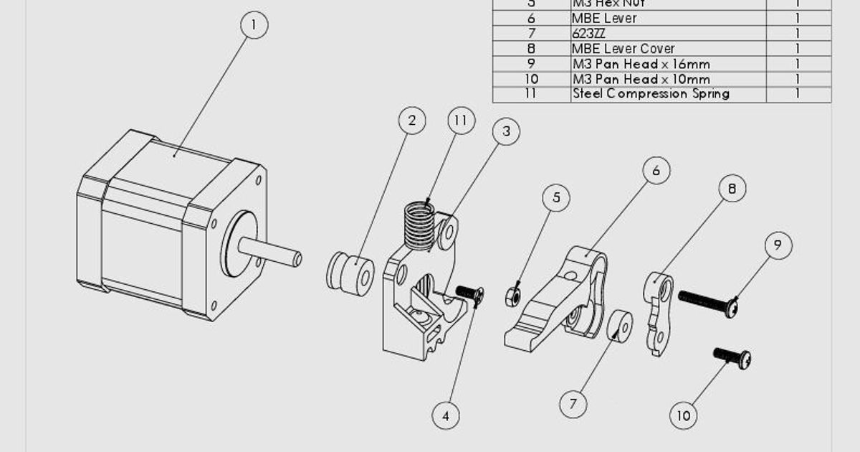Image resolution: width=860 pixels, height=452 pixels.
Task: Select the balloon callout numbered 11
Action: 461,121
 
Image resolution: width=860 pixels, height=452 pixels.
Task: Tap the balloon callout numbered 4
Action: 446,415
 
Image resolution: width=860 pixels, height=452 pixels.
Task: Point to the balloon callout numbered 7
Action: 573,404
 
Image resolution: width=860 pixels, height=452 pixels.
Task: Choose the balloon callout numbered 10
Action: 684,415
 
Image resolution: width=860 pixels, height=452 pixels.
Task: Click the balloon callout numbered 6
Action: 656,171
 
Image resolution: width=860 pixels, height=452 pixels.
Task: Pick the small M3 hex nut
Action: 512,294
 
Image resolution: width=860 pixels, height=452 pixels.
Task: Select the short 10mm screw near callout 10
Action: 732,357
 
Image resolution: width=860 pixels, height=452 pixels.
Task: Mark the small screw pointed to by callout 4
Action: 469,293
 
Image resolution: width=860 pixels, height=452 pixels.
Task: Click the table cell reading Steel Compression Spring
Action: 668,94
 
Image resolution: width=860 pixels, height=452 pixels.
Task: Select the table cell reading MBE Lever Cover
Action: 668,49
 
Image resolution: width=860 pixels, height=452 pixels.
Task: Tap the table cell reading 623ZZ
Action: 668,34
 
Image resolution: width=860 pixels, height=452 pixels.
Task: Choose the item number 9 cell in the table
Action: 531,64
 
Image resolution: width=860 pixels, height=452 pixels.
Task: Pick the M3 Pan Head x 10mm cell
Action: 668,79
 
